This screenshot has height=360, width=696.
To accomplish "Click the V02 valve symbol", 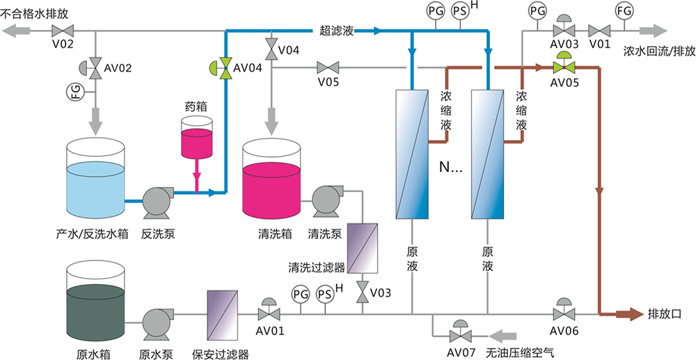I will point(65,31).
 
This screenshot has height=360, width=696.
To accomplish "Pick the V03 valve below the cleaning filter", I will point(363,292).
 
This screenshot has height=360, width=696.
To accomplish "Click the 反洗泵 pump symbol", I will point(157,201).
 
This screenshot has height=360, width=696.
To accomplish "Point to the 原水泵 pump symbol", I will point(157,321).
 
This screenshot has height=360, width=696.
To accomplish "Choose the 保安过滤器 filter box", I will point(223,314).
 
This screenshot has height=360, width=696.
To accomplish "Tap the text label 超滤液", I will point(337,30).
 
